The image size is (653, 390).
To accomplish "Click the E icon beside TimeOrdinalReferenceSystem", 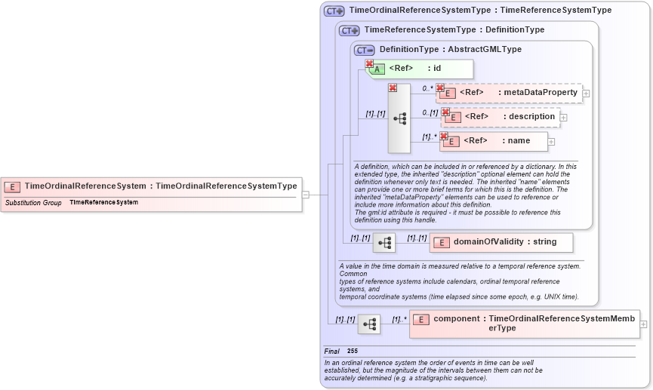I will tap(13, 186).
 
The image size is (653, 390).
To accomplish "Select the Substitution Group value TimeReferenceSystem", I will tap(103, 202).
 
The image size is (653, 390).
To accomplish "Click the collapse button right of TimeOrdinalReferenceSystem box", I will tap(305, 195).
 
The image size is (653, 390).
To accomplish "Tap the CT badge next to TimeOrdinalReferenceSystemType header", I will tap(334, 11).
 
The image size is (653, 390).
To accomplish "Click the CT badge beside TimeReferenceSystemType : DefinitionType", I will tap(349, 30).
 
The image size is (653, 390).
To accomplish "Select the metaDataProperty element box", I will tap(510, 93).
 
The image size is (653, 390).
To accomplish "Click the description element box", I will tap(501, 117).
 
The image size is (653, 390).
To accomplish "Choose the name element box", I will tap(494, 141).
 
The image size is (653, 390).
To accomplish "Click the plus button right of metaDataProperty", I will tap(586, 94).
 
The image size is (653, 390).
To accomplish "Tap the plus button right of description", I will tap(563, 118).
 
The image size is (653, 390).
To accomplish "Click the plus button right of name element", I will tap(551, 142).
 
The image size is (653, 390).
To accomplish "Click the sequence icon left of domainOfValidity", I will tap(384, 243).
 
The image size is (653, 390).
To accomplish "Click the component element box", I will tap(525, 323).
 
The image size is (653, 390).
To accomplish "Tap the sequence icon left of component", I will tap(369, 324).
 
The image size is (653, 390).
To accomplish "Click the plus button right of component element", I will tap(643, 324).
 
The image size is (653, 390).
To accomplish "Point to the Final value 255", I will tap(353, 352).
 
